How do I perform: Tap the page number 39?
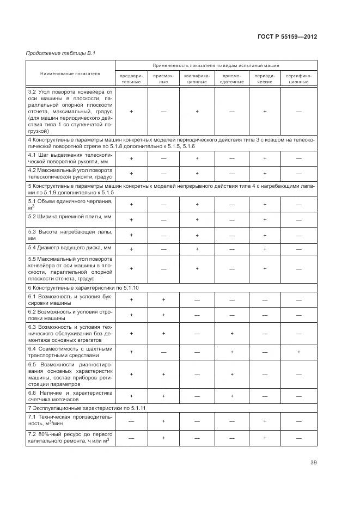[x=314, y=463]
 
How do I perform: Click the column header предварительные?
[x=131, y=78]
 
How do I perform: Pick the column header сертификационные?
[x=298, y=78]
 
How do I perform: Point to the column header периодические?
[x=264, y=78]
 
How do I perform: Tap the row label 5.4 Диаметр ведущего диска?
[x=70, y=248]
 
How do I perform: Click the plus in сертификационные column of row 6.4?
[x=298, y=352]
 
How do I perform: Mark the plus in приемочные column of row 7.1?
[x=164, y=421]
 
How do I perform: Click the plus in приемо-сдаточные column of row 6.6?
[x=231, y=396]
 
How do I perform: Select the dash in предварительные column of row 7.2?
[x=131, y=437]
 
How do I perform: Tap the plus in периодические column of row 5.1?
[x=264, y=204]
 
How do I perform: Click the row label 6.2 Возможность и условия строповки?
[x=70, y=315]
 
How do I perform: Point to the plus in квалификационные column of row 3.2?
[x=197, y=111]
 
